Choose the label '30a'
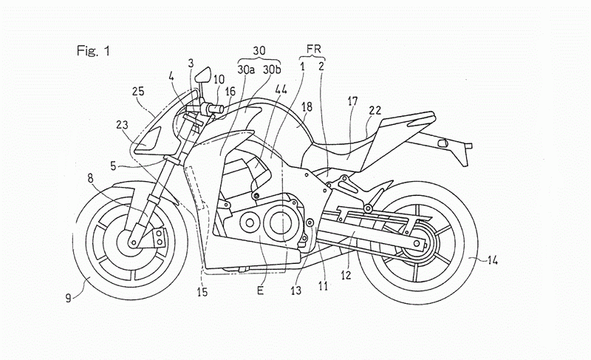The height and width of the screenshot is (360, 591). click(247, 70)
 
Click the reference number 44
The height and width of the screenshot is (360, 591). click(281, 89)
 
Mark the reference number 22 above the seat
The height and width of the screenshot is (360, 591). click(375, 111)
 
